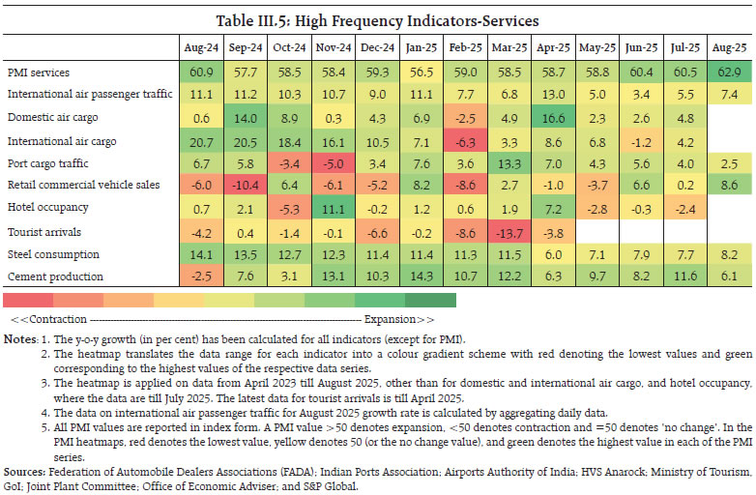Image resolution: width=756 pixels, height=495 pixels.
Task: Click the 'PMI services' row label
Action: pyautogui.click(x=39, y=72)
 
